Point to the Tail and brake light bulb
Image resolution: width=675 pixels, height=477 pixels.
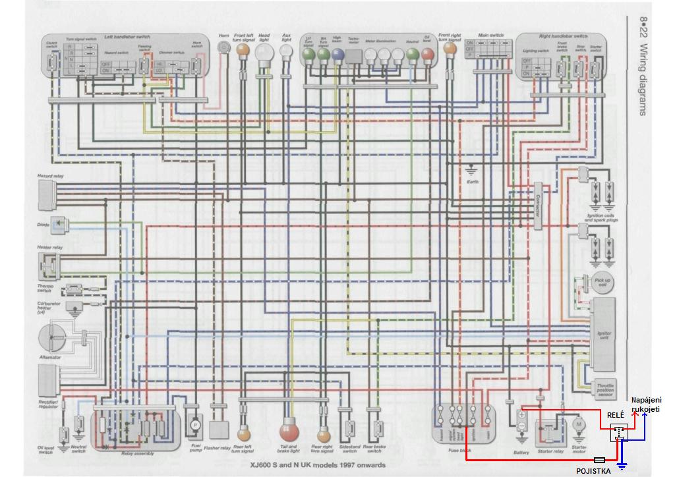coord(289,432)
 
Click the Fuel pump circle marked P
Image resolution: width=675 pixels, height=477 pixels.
coord(195,427)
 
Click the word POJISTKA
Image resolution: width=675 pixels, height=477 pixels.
coord(593,470)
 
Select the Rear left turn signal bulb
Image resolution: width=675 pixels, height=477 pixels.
coord(243,435)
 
